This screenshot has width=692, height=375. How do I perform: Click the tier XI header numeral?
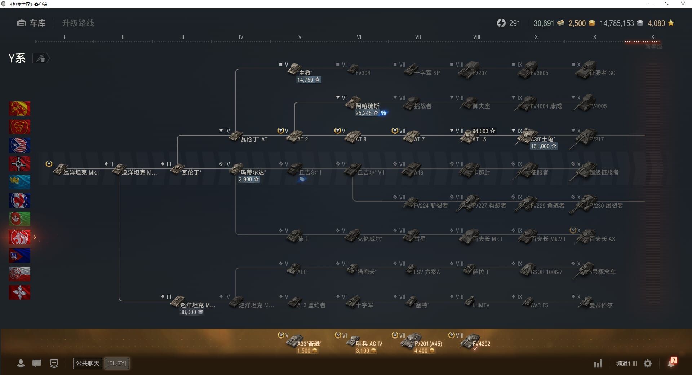click(653, 37)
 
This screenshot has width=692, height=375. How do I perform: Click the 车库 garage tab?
click(32, 23)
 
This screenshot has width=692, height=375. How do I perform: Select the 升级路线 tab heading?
click(78, 23)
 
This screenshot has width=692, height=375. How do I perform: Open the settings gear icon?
click(648, 363)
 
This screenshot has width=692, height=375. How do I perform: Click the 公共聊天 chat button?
click(88, 363)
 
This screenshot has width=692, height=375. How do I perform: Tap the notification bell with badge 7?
click(671, 363)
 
